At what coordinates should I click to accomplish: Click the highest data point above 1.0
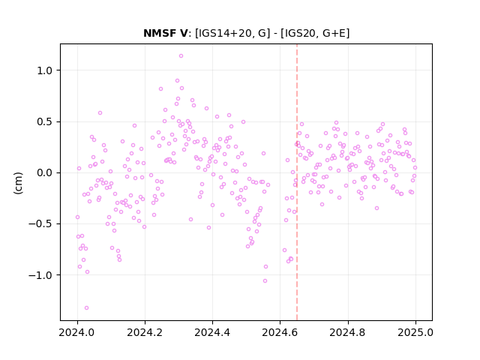pos(181,56)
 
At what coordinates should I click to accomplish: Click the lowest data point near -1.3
pos(87,308)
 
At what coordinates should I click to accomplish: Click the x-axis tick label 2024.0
pos(77,332)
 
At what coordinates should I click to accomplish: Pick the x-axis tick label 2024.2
pos(145,332)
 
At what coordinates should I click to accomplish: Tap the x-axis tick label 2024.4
pos(212,332)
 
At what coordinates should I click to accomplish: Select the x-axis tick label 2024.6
pos(280,332)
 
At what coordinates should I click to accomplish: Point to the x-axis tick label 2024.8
pos(347,332)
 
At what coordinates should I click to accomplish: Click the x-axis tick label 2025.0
pos(415,332)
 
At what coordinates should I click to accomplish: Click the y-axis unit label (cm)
pos(18,183)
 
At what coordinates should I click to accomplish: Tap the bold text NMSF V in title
pos(165,33)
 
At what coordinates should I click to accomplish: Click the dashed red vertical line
pos(297,182)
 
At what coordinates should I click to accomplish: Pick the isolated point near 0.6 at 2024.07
pos(100,113)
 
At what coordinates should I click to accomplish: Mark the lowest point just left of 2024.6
pos(265,281)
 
